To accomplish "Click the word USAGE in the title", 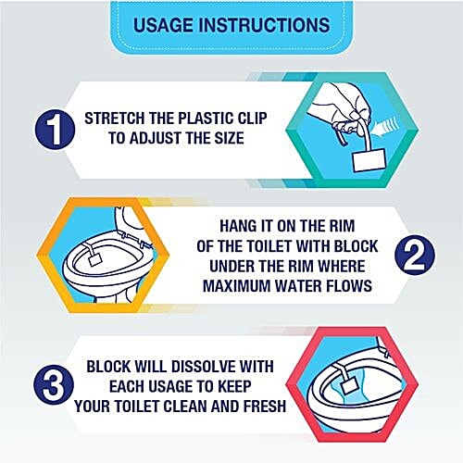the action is coord(164,25).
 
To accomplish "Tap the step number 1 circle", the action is coord(55,130).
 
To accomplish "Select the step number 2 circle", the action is coord(415,255).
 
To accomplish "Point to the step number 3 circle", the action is coord(54,384).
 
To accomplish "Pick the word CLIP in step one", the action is coord(253,119).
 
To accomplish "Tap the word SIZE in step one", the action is coord(229,138).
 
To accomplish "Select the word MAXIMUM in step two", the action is coord(236,286).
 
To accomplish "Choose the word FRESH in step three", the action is coord(265,407).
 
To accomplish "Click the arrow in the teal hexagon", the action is coord(385,126).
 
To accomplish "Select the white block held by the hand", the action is coord(369,160).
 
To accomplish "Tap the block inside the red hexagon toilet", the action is coord(350,384).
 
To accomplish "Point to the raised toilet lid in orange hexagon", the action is coord(131,220).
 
